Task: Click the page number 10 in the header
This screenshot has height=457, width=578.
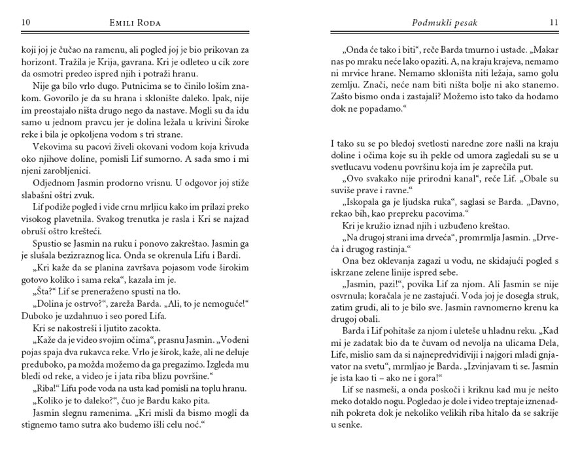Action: click(x=27, y=23)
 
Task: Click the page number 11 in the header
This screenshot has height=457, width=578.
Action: click(x=553, y=23)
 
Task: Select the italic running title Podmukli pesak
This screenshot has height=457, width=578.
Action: click(x=445, y=23)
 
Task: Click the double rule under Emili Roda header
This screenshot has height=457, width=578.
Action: click(x=135, y=32)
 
